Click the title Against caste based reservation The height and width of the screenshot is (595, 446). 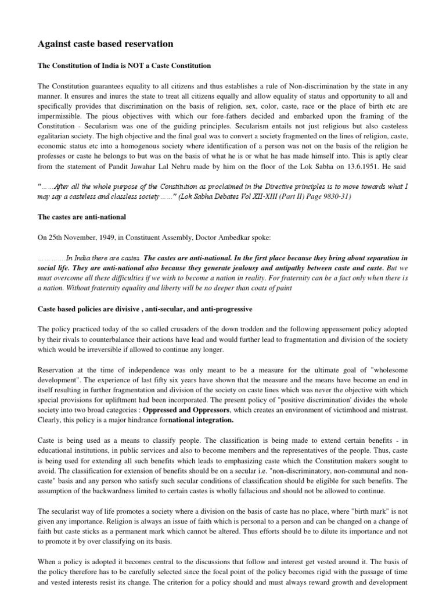click(x=105, y=44)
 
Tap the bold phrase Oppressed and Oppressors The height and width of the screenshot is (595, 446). click(x=175, y=410)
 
